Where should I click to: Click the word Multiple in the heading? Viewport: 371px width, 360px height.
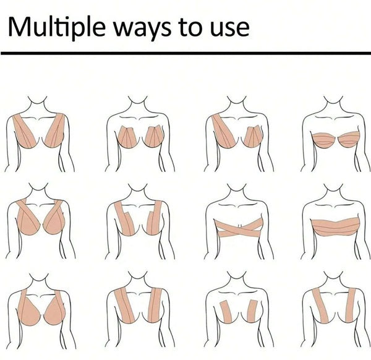tap(56, 27)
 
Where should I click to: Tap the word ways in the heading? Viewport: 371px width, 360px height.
tap(142, 29)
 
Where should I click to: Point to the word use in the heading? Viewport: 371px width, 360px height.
tap(230, 30)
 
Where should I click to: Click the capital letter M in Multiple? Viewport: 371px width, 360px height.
tap(19, 26)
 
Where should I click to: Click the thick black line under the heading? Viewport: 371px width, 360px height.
tap(185, 53)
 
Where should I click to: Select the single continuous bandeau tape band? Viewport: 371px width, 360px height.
tap(336, 228)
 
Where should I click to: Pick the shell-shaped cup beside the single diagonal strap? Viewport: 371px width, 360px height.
tap(252, 137)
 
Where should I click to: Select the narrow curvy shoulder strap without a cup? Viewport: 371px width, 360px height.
tap(320, 306)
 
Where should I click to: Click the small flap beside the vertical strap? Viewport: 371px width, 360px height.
tap(150, 223)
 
